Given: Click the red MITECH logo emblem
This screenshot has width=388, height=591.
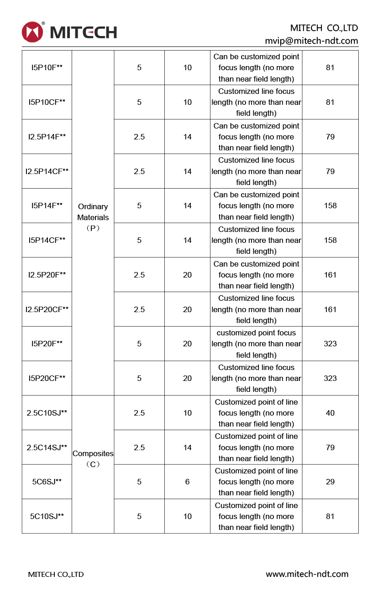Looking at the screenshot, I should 32,32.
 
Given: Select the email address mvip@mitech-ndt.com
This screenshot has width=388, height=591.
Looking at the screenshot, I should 311,41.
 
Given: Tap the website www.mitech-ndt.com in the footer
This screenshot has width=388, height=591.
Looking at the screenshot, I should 307,574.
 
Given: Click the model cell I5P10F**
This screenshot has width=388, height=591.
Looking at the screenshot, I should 47,67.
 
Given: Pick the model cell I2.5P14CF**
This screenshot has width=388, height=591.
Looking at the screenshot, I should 47,171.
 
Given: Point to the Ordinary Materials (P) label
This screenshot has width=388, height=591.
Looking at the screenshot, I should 93,217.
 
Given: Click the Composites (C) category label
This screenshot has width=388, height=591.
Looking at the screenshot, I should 93,459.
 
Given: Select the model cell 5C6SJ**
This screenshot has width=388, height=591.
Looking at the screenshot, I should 47,482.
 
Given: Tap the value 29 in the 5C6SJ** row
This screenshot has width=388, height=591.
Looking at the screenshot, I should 330,482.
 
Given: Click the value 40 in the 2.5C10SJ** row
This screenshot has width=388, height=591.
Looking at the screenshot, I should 330,413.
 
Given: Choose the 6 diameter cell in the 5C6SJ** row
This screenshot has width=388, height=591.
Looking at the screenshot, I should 187,482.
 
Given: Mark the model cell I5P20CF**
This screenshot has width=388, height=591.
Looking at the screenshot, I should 47,378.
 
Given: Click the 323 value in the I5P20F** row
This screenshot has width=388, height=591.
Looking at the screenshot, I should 330,344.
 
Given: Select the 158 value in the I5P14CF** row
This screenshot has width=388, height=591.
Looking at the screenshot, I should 330,240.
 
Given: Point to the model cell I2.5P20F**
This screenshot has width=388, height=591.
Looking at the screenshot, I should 47,275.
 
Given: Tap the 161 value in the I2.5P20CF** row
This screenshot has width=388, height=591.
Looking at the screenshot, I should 330,309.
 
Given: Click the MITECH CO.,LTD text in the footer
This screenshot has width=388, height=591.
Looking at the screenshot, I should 56,575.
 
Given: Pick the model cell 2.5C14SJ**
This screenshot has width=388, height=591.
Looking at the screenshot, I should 47,447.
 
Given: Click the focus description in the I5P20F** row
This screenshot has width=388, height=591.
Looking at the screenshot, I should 256,344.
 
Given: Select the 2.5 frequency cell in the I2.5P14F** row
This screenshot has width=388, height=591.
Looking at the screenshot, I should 139,137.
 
